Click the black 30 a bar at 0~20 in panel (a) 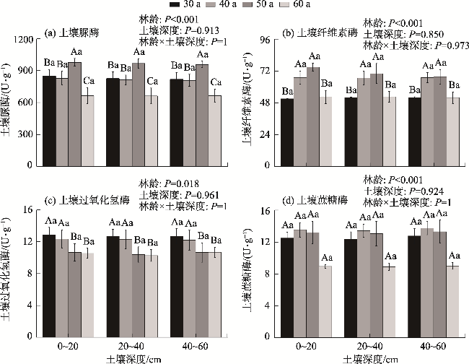click(x=49, y=121)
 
